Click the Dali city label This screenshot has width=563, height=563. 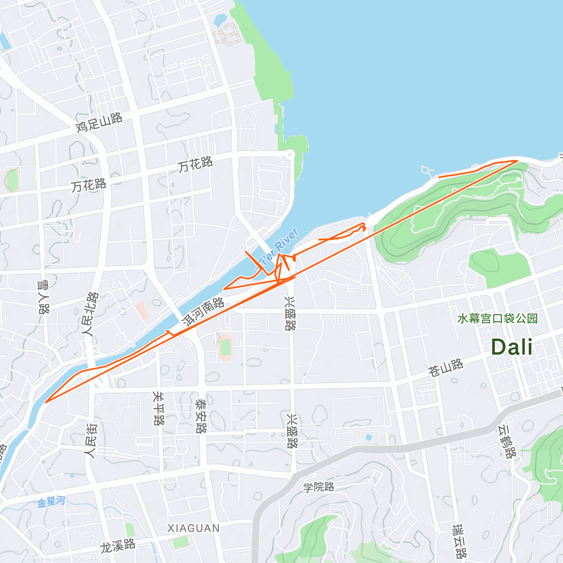coord(511,347)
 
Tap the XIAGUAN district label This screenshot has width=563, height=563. coord(193,528)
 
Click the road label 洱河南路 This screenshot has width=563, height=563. coord(204,312)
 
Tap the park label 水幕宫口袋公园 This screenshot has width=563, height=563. coord(497,319)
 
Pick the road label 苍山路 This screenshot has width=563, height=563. coord(446,367)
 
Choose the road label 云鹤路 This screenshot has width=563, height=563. coord(507,441)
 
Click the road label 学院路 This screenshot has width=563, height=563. coord(319,487)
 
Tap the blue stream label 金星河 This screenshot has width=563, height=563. coord(51,502)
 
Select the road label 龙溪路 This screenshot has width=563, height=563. coord(118,546)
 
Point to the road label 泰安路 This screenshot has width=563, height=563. coord(201,416)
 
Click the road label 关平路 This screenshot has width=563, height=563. coord(159,408)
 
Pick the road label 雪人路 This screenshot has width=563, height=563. coord(43,297)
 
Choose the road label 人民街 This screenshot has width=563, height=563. coord(90,441)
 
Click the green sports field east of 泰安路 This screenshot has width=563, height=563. coord(226,347)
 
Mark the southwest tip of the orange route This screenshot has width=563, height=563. coord(46,402)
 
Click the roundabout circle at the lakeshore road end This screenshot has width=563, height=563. coord(290,153)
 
